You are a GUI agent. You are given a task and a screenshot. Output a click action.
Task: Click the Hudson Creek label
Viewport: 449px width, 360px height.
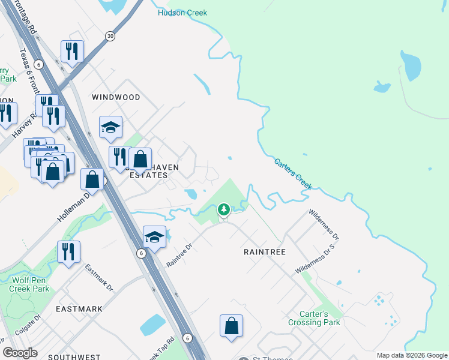[182, 13]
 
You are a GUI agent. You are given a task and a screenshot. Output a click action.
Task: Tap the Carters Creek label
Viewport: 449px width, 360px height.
[293, 174]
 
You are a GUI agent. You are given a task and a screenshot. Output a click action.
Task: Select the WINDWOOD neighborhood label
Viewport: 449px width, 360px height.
[116, 97]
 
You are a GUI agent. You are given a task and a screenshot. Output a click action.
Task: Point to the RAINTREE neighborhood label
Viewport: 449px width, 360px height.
[264, 253]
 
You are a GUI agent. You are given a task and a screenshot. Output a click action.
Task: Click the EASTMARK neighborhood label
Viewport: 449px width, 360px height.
[79, 308]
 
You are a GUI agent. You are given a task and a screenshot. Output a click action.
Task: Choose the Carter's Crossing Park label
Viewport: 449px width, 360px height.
[320, 318]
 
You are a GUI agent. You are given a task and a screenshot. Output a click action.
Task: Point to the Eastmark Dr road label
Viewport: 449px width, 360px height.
[99, 277]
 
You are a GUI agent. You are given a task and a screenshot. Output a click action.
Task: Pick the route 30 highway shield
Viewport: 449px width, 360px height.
[110, 37]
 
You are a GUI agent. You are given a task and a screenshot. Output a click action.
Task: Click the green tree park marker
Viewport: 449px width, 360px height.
[224, 209]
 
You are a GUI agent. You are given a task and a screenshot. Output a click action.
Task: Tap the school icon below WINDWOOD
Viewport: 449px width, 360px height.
[110, 127]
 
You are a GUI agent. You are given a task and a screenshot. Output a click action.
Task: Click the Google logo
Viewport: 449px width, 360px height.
[20, 353]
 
